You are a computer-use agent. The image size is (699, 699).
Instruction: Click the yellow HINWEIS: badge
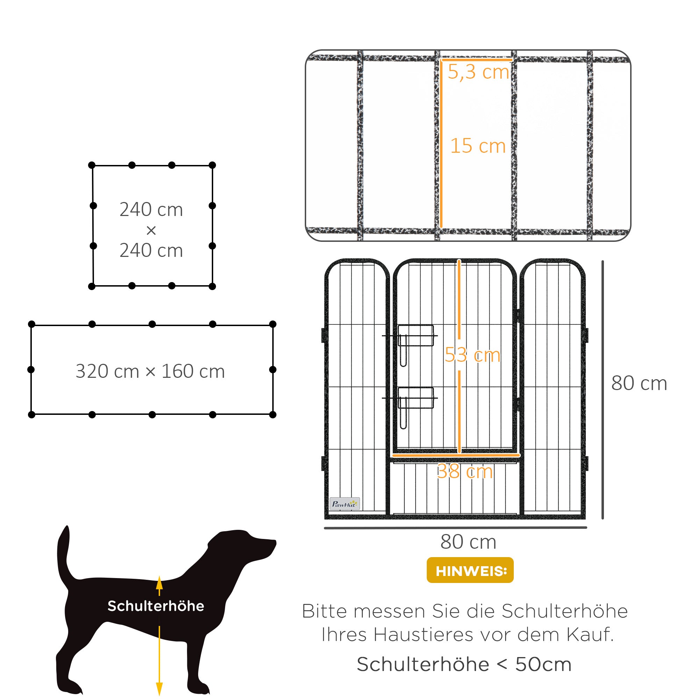(470, 571)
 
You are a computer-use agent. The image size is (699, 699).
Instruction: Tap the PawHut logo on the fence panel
(345, 504)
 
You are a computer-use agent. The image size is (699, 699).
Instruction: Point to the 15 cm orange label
(477, 146)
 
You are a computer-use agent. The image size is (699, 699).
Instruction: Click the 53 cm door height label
(472, 354)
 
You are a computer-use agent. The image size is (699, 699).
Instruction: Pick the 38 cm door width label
(464, 471)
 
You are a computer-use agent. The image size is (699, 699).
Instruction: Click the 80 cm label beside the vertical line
(639, 383)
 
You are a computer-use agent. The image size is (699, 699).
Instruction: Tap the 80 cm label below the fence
(468, 542)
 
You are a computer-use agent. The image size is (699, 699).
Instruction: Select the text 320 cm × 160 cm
(150, 371)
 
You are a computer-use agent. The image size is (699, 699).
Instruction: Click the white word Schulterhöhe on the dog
(156, 606)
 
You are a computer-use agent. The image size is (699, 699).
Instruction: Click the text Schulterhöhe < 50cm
(464, 664)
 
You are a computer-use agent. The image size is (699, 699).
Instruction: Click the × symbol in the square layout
(151, 230)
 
